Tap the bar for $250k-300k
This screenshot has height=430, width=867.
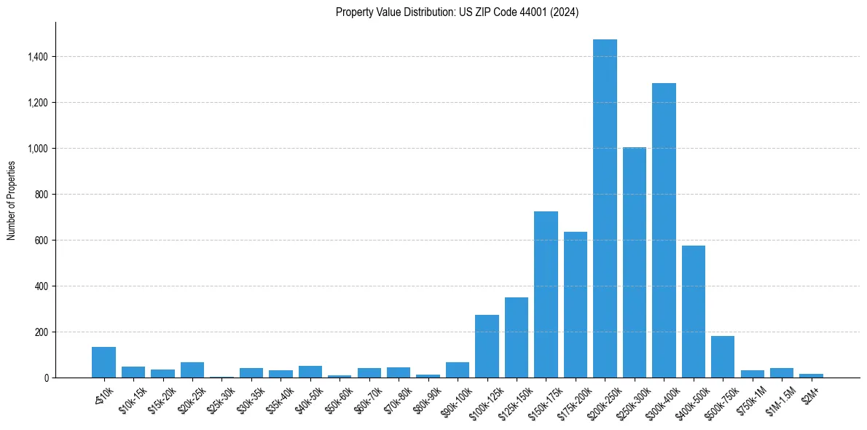pos(635,262)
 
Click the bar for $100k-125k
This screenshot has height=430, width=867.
pos(487,346)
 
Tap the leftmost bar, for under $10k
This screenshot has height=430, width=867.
pos(103,362)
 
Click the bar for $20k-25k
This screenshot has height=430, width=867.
pos(192,370)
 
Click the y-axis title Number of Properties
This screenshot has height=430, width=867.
pos(11,200)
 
